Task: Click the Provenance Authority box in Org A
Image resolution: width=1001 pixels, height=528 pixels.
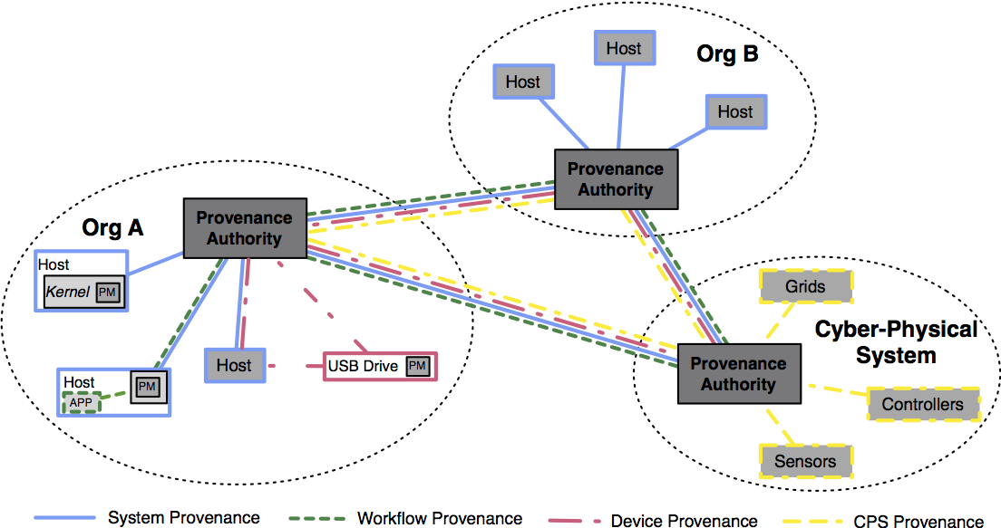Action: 244,228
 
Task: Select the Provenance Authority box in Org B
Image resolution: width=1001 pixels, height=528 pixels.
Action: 615,179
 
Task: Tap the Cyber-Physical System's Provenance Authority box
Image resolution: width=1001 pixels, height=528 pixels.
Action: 739,373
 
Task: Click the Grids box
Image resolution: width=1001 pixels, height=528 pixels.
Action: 805,287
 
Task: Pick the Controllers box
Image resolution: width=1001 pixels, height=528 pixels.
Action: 922,404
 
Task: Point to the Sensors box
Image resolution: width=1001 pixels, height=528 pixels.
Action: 805,461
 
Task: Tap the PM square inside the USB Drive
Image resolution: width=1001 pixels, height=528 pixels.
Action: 417,366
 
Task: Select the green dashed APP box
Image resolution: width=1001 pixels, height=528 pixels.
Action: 81,403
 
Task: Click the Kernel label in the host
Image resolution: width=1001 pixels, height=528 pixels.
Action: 67,292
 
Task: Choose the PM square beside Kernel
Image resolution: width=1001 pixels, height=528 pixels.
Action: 108,292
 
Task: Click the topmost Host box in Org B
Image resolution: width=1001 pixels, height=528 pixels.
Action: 623,49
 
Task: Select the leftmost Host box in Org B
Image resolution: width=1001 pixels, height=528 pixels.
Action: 522,82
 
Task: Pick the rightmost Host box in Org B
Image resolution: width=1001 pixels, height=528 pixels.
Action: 734,112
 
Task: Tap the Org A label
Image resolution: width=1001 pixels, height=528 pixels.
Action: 113,228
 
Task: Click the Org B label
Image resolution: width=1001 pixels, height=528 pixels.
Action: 727,54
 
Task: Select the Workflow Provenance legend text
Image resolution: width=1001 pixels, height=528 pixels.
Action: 440,518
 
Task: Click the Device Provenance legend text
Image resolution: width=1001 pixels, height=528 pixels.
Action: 684,520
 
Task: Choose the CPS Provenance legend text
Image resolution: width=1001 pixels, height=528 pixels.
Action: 918,520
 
